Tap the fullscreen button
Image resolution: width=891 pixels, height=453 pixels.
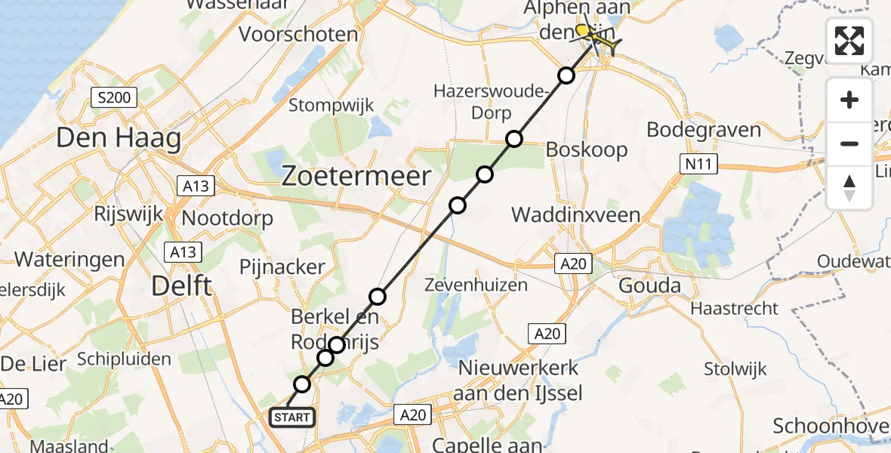point(849,41)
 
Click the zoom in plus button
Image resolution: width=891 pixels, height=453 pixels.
point(849,100)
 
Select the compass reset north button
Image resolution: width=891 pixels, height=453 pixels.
point(849,188)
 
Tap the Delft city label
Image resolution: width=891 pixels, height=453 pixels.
point(181,285)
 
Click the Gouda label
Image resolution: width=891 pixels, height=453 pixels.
point(649,286)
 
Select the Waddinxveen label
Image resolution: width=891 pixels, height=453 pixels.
point(576,215)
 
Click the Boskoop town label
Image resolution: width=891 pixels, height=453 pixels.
point(587,149)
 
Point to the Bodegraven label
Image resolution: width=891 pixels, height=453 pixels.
point(704,130)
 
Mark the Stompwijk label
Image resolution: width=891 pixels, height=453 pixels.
point(331,106)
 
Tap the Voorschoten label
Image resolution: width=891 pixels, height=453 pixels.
point(298,34)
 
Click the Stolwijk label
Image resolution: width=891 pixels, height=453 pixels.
point(735,369)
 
